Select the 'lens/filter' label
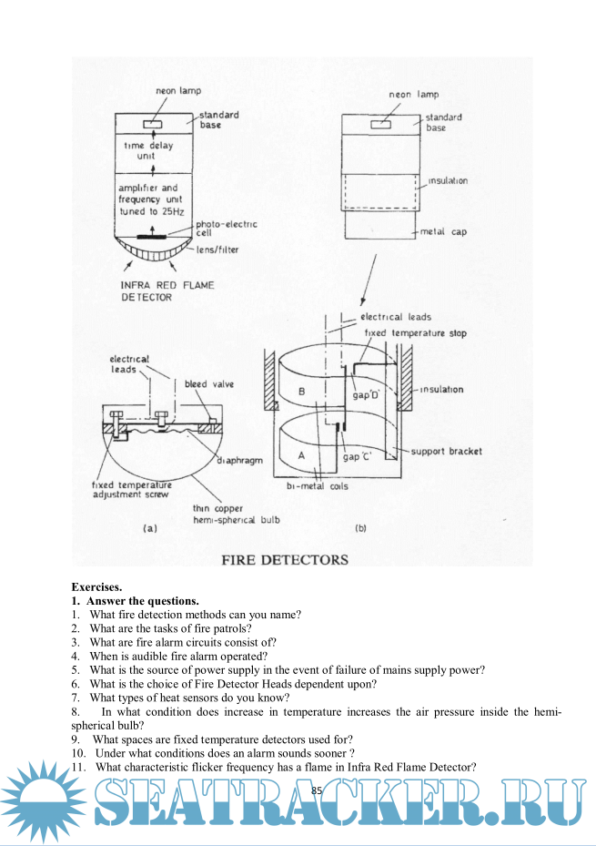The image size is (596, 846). [214, 250]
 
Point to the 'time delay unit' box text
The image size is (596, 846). [147, 150]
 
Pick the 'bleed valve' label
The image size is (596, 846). [209, 384]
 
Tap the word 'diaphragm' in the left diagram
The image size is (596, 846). [239, 460]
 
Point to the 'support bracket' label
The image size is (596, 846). [446, 452]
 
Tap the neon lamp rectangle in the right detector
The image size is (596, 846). [380, 121]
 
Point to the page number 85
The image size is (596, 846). [317, 790]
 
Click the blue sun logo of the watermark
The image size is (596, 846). [42, 801]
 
